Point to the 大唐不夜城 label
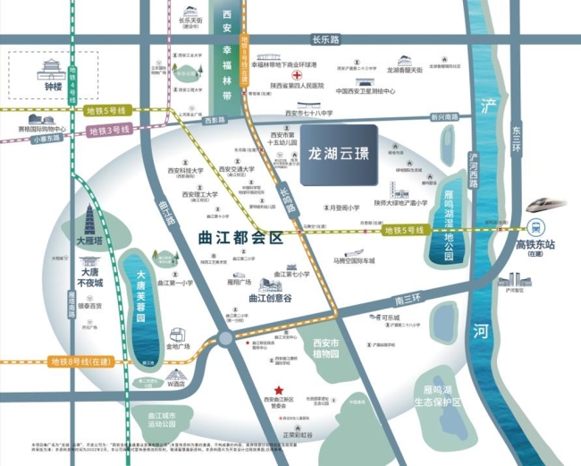click(x=91, y=277)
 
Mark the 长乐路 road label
click(x=326, y=39)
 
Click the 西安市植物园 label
click(x=325, y=349)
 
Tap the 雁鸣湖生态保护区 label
click(x=442, y=396)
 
